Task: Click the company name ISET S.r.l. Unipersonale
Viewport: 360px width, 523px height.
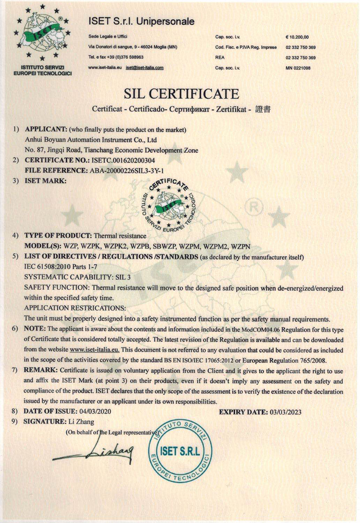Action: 142,21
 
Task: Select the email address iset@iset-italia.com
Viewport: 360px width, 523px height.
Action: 144,68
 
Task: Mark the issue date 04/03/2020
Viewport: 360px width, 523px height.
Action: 95,411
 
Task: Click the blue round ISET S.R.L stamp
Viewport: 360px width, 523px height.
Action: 179,452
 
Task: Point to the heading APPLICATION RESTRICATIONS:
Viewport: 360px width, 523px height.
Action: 75,308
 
